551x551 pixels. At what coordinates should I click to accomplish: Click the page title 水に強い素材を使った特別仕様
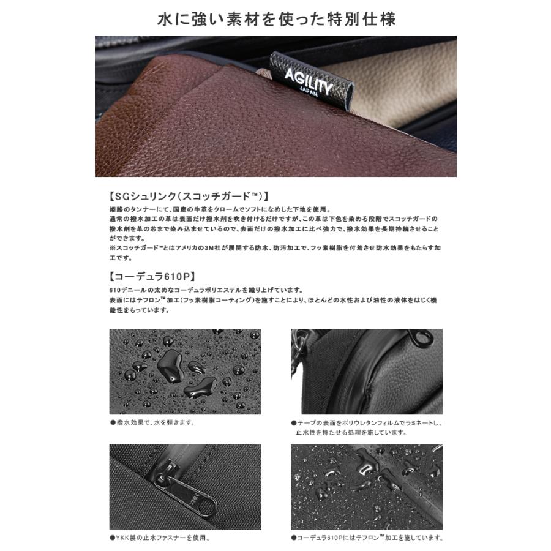275,18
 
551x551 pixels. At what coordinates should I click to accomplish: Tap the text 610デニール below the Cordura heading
126,290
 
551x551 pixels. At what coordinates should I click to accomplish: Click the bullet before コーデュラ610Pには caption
294,538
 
